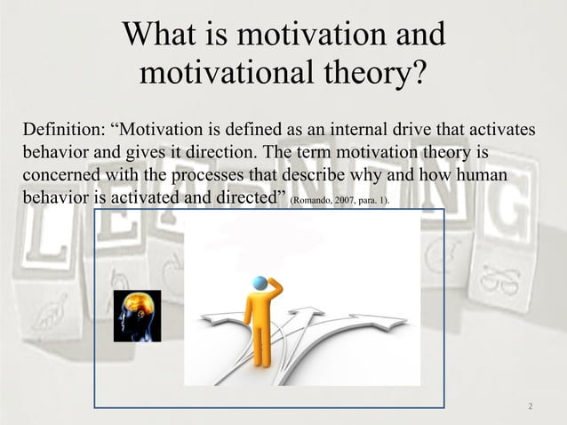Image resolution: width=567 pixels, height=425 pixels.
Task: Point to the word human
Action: [479, 176]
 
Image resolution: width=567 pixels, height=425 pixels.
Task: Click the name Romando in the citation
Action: [312, 202]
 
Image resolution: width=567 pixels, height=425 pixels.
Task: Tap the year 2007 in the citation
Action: [347, 202]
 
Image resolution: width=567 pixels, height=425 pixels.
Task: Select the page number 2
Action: [531, 407]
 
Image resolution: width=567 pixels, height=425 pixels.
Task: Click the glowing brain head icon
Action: [137, 315]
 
